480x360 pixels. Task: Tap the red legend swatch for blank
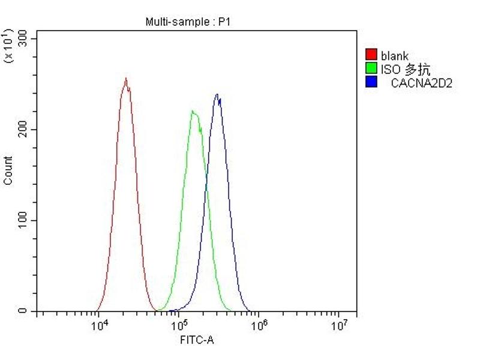tap(371, 56)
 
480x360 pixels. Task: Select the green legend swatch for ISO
tap(371, 69)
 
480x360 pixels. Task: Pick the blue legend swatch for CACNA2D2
tap(371, 82)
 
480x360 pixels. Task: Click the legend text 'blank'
tap(394, 56)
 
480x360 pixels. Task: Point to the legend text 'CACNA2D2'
tap(421, 83)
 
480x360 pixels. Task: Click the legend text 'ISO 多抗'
tap(405, 70)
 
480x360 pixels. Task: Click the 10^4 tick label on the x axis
tap(100, 326)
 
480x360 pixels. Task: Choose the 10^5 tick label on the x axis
tap(179, 326)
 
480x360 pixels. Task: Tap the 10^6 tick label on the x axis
tap(259, 326)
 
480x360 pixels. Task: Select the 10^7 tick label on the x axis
tap(339, 326)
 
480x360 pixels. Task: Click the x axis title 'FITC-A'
tap(197, 341)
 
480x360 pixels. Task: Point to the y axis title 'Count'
tap(8, 170)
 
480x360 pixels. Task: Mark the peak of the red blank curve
tap(126, 79)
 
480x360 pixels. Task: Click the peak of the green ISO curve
tap(192, 111)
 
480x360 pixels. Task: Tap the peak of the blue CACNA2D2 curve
tap(217, 94)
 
